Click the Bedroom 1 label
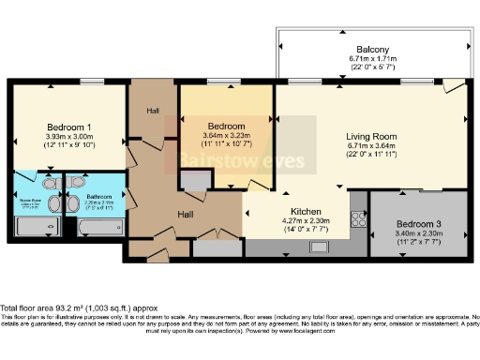click(68, 127)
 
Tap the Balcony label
click(372, 49)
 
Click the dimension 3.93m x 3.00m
click(68, 137)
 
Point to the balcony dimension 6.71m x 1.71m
click(372, 59)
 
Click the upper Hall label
click(152, 111)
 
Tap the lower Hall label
click(187, 215)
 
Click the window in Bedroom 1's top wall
click(91, 82)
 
